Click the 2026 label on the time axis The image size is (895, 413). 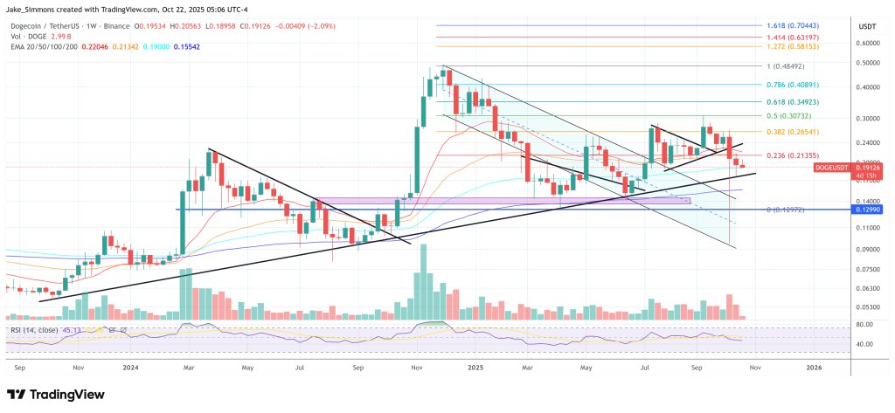coord(813,368)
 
